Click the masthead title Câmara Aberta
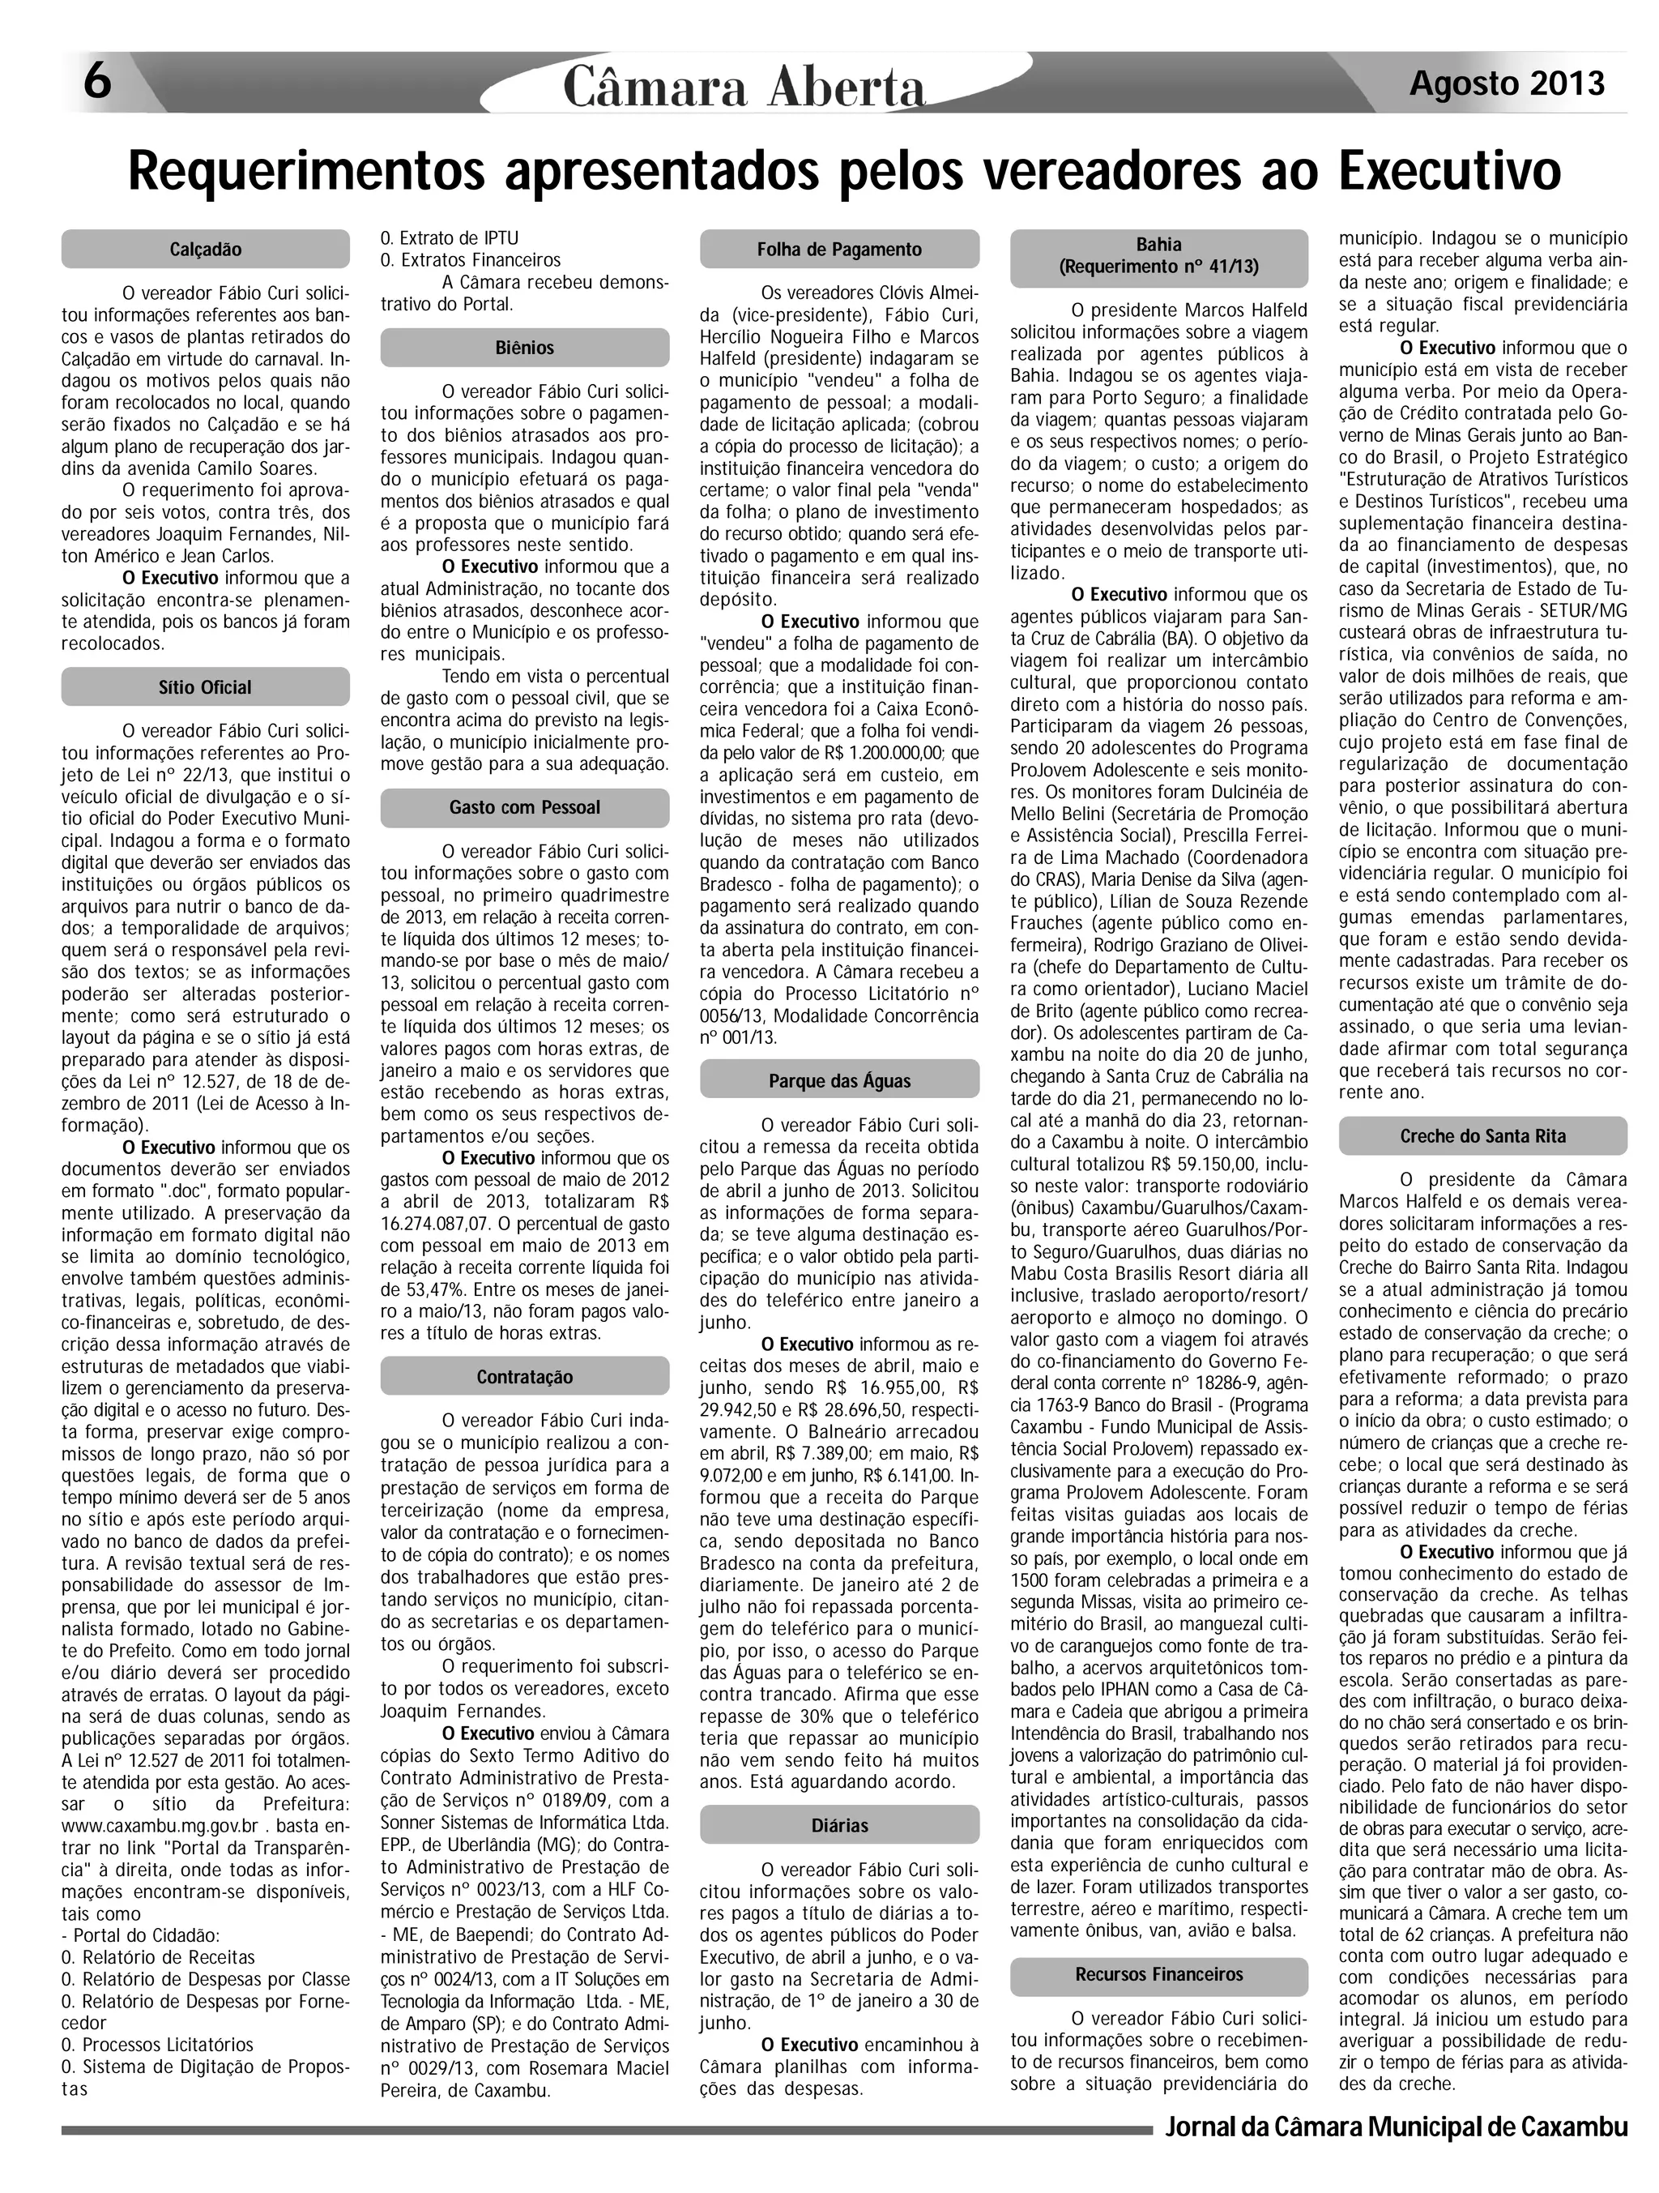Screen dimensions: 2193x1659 pyautogui.click(x=744, y=88)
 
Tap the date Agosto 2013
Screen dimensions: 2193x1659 pyautogui.click(x=1507, y=83)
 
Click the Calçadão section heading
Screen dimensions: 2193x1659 pyautogui.click(x=205, y=250)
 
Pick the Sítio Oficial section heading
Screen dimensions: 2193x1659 pyautogui.click(x=205, y=687)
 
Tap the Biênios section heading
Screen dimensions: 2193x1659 pyautogui.click(x=524, y=348)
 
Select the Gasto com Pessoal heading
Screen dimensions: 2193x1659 pyautogui.click(x=524, y=807)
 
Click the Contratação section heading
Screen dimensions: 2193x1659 pyautogui.click(x=524, y=1377)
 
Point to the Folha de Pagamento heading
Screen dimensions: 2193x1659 pyautogui.click(x=839, y=250)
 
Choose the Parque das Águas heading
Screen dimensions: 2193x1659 pyautogui.click(x=839, y=1080)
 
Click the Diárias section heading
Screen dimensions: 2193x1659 pyautogui.click(x=839, y=1825)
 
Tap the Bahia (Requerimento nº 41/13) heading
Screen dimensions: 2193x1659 pyautogui.click(x=1158, y=254)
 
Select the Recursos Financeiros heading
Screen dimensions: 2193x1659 pyautogui.click(x=1158, y=1946)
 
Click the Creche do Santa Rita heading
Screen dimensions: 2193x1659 pyautogui.click(x=1482, y=1136)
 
